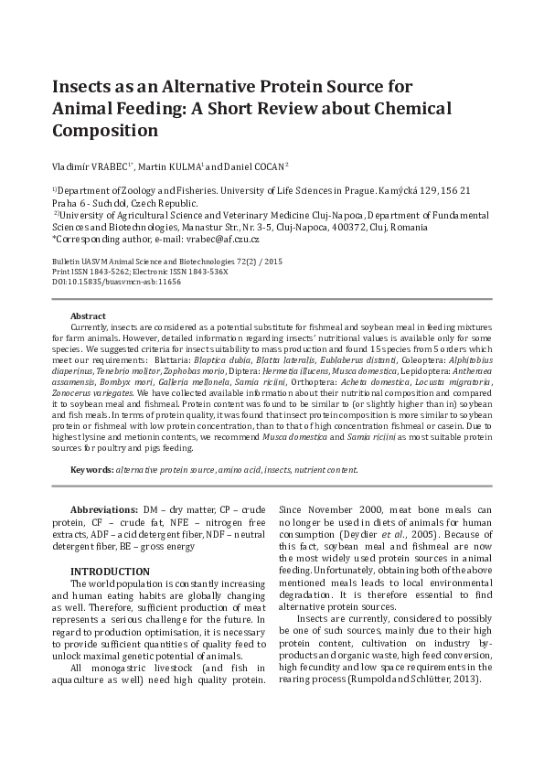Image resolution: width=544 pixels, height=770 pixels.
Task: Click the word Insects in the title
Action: (85, 87)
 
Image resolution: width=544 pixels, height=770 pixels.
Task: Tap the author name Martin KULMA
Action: (173, 166)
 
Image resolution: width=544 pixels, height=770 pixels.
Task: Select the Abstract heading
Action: (88, 315)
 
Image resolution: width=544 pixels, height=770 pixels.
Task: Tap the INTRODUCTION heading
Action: (110, 572)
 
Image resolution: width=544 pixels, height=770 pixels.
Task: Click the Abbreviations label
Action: (104, 508)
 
